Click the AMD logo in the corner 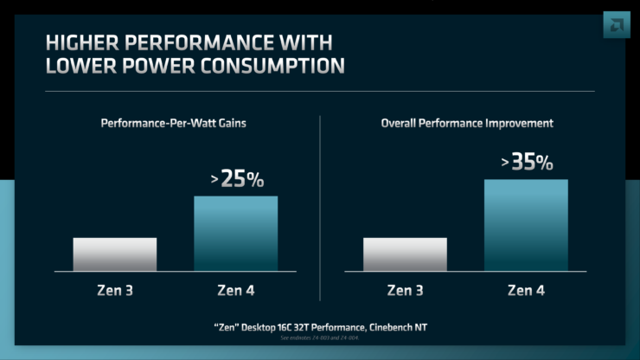click(617, 25)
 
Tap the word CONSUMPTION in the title click(273, 65)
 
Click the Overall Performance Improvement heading click(467, 124)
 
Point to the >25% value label click(237, 180)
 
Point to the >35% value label click(527, 162)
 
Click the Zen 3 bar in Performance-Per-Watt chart click(115, 254)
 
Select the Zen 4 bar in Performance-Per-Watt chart click(236, 234)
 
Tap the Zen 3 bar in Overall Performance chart click(405, 254)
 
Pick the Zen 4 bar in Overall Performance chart click(526, 225)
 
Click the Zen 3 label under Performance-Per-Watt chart click(115, 290)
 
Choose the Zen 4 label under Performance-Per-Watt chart click(236, 290)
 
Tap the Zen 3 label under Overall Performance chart click(405, 290)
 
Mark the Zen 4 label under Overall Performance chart click(526, 290)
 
